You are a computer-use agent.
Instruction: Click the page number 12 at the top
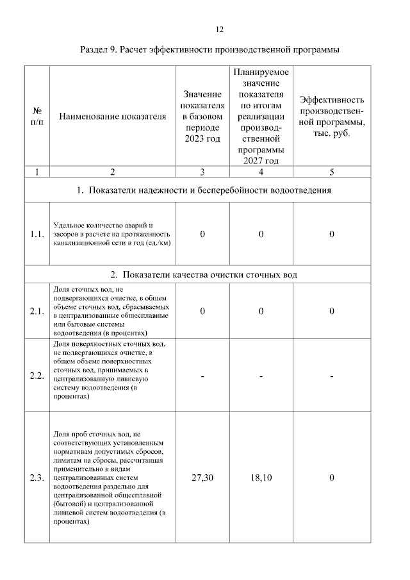pyautogui.click(x=218, y=29)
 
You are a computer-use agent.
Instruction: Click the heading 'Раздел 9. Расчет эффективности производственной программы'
pyautogui.click(x=209, y=49)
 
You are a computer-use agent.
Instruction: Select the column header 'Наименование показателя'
pyautogui.click(x=112, y=117)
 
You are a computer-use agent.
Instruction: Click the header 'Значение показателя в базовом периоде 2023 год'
pyautogui.click(x=202, y=117)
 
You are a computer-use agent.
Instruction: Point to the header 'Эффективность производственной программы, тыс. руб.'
pyautogui.click(x=332, y=117)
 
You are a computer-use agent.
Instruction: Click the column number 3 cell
pyautogui.click(x=202, y=171)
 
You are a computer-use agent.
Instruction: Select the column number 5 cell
pyautogui.click(x=332, y=171)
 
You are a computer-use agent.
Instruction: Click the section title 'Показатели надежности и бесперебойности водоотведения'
pyautogui.click(x=209, y=190)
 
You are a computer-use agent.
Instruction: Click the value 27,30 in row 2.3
pyautogui.click(x=202, y=477)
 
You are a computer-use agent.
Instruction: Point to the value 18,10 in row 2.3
pyautogui.click(x=261, y=477)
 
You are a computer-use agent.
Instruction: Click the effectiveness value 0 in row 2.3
pyautogui.click(x=332, y=477)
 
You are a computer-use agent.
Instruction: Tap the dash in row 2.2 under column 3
pyautogui.click(x=202, y=376)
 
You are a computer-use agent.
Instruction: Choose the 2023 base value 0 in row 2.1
pyautogui.click(x=202, y=311)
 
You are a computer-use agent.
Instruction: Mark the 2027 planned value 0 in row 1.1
pyautogui.click(x=261, y=235)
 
